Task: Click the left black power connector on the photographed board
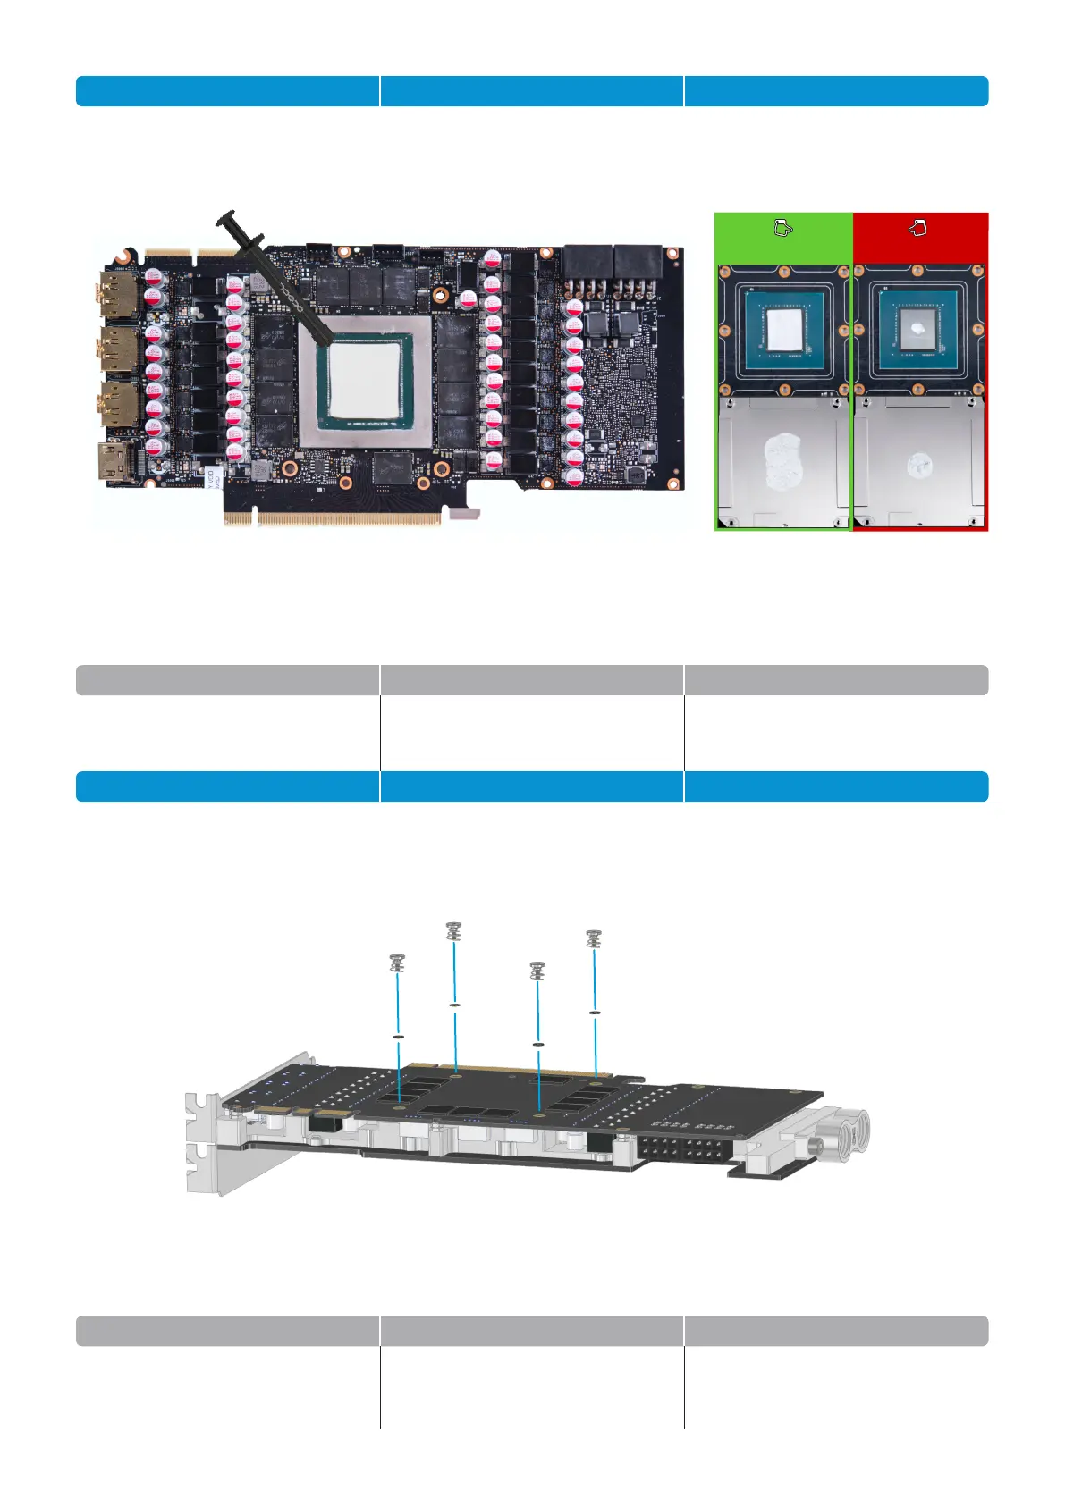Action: click(587, 265)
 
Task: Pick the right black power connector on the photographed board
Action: click(638, 265)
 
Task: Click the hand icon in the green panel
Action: click(782, 229)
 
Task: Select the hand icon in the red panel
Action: click(917, 229)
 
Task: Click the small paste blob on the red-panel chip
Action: click(917, 329)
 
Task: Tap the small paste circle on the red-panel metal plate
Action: click(918, 464)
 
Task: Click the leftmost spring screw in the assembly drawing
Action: click(398, 963)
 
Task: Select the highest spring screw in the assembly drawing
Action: click(453, 931)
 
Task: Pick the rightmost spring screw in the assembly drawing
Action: click(594, 938)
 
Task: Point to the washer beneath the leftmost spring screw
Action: click(399, 1037)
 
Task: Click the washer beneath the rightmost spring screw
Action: click(595, 1013)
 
